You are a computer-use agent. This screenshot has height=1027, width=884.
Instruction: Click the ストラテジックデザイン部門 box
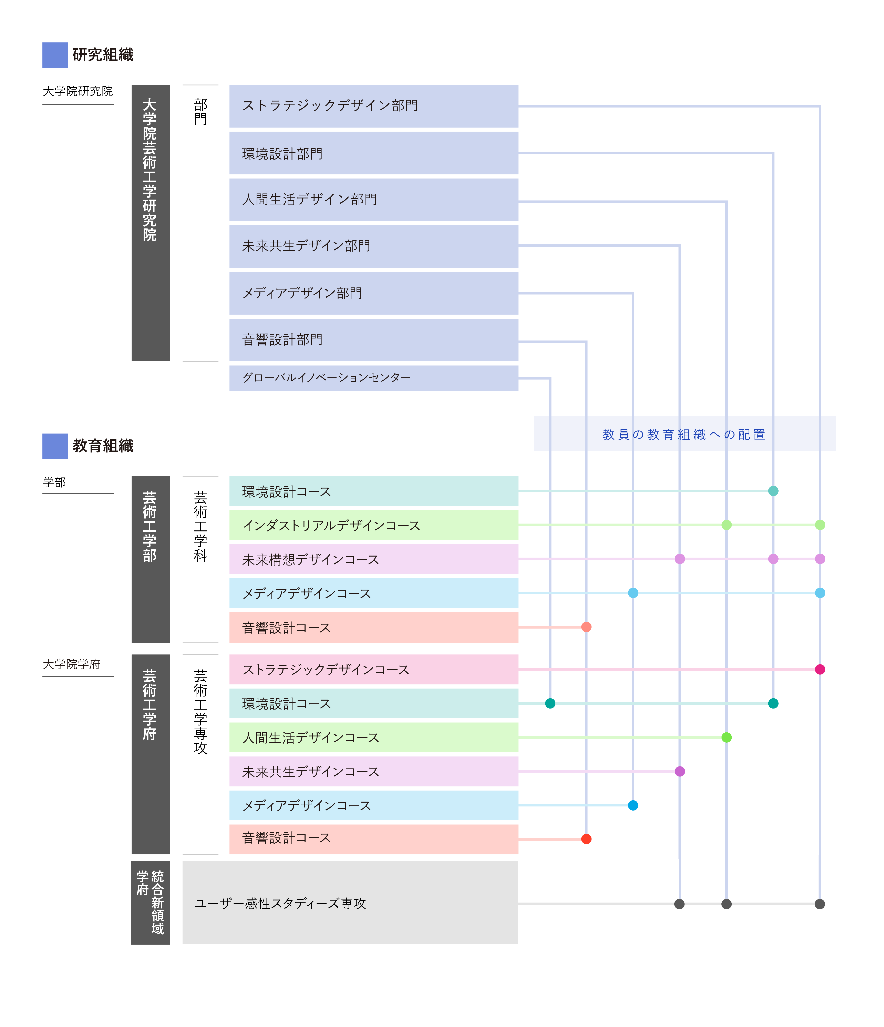[x=374, y=106]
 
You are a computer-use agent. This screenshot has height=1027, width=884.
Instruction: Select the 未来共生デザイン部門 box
[x=374, y=246]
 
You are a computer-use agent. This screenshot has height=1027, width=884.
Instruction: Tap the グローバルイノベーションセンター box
[x=374, y=378]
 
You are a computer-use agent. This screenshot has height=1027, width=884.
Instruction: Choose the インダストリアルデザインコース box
[x=374, y=525]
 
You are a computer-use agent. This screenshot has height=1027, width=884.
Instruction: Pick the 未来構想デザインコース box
[x=374, y=559]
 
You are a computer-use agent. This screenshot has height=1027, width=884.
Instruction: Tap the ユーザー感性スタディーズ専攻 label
[x=280, y=904]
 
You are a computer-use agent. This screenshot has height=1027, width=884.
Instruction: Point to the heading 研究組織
[x=103, y=54]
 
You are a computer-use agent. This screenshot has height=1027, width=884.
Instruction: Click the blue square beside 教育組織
[x=55, y=446]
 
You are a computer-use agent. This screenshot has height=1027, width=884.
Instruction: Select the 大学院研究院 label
[x=78, y=91]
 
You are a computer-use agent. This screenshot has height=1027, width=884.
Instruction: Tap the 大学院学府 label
[x=72, y=664]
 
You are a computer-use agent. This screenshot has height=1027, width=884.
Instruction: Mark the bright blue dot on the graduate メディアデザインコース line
[x=633, y=805]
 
